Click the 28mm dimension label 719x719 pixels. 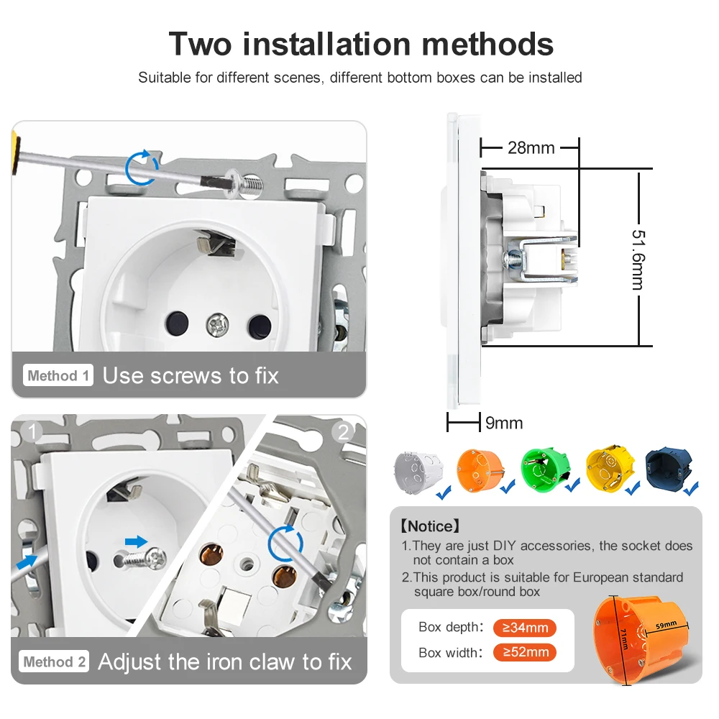tap(531, 148)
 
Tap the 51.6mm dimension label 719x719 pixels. tap(638, 260)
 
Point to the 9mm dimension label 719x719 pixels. tap(504, 423)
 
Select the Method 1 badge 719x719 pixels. tap(58, 375)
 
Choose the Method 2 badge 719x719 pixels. tap(54, 661)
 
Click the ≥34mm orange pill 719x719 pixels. tap(525, 627)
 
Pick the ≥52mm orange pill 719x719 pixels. tap(525, 652)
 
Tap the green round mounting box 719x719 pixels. tap(545, 470)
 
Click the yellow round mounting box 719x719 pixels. tap(610, 469)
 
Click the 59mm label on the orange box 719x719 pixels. tap(666, 625)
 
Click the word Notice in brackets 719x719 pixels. tap(429, 526)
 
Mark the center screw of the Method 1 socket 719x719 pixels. tap(217, 325)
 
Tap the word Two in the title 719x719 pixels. tap(200, 44)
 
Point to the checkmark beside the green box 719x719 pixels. tap(572, 485)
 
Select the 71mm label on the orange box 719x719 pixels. tap(624, 638)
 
